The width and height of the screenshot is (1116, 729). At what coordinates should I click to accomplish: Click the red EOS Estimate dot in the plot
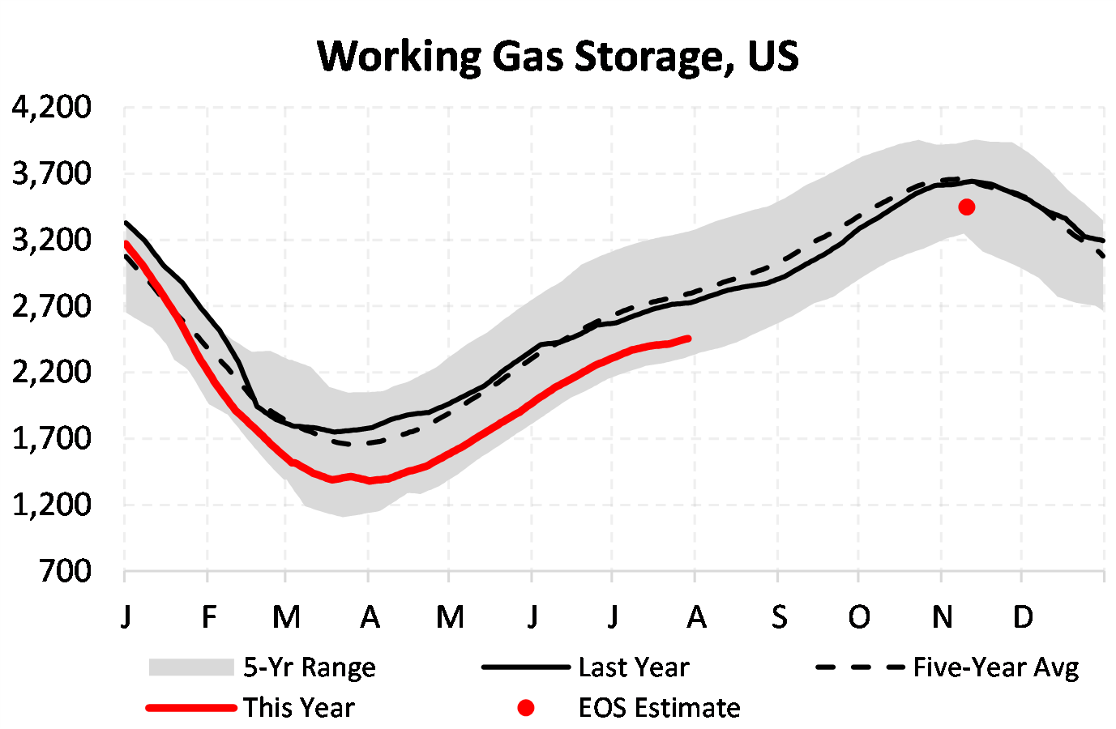tap(966, 207)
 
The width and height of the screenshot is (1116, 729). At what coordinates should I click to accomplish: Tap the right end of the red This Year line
tap(688, 339)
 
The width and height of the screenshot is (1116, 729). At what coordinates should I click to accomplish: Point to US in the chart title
tap(773, 57)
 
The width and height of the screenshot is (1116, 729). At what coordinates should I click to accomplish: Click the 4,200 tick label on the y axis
tap(51, 107)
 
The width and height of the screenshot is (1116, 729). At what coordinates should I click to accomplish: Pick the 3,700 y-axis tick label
tap(51, 173)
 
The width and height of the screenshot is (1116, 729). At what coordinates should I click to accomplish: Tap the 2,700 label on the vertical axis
tap(51, 306)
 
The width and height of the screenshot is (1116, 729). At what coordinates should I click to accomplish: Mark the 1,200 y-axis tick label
tap(51, 505)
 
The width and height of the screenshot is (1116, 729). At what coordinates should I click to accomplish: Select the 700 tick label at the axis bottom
tap(65, 571)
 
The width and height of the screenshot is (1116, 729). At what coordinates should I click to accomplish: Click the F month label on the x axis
tap(209, 617)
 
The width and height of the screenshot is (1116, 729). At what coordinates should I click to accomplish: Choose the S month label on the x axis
tap(779, 617)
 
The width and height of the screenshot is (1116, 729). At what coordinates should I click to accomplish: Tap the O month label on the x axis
tap(859, 617)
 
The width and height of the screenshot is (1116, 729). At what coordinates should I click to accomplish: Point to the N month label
tap(942, 617)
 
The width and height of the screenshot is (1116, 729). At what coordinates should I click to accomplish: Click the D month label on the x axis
tap(1023, 617)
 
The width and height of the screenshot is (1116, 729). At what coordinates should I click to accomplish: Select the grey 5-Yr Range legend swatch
tap(191, 667)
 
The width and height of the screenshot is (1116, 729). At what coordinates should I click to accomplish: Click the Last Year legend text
tap(633, 667)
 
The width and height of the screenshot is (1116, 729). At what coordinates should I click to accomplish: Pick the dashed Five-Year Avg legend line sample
tap(859, 667)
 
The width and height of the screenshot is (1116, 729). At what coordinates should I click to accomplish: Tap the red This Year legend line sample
tap(191, 708)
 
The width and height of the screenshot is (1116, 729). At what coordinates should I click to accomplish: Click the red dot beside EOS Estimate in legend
tap(526, 708)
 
